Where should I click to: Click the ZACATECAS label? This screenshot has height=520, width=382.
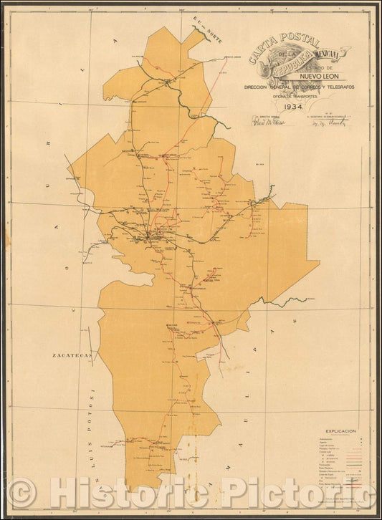(x=70, y=355)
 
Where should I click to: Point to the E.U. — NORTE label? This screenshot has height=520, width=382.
(x=204, y=30)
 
